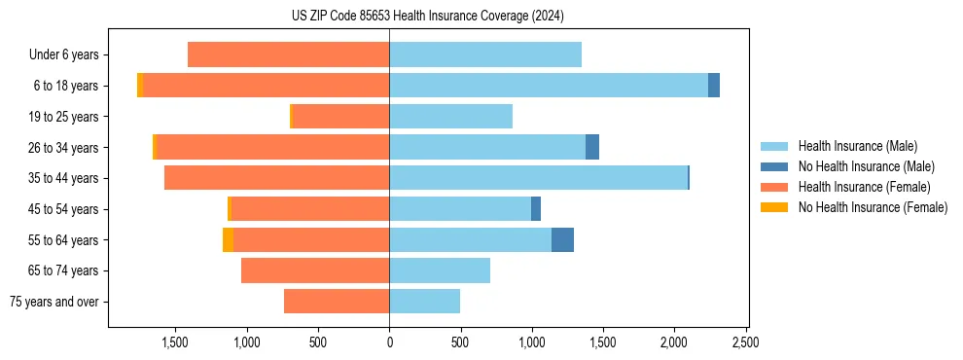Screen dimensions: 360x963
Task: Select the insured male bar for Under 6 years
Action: (x=485, y=54)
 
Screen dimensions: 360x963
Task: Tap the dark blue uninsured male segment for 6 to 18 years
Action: (x=714, y=86)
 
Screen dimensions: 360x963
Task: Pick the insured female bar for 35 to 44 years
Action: (x=276, y=178)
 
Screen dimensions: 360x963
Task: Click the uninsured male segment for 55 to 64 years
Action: (x=562, y=239)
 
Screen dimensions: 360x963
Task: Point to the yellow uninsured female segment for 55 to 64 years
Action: (x=228, y=239)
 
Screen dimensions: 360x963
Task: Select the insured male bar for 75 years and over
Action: (x=424, y=302)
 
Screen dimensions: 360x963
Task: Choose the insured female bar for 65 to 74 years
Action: (x=315, y=270)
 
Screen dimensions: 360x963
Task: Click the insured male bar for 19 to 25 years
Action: (x=450, y=117)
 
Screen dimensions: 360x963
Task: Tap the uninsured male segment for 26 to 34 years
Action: (x=592, y=147)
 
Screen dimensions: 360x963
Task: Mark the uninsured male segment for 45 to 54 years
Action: (x=536, y=209)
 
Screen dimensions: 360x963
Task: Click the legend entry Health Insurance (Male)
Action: (x=857, y=146)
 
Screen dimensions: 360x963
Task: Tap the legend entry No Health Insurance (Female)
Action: (x=873, y=207)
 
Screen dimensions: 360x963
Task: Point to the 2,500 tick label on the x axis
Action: (x=746, y=342)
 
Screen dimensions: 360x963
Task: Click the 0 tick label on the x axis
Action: (x=389, y=342)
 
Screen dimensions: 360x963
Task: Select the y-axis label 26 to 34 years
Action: (x=64, y=148)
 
